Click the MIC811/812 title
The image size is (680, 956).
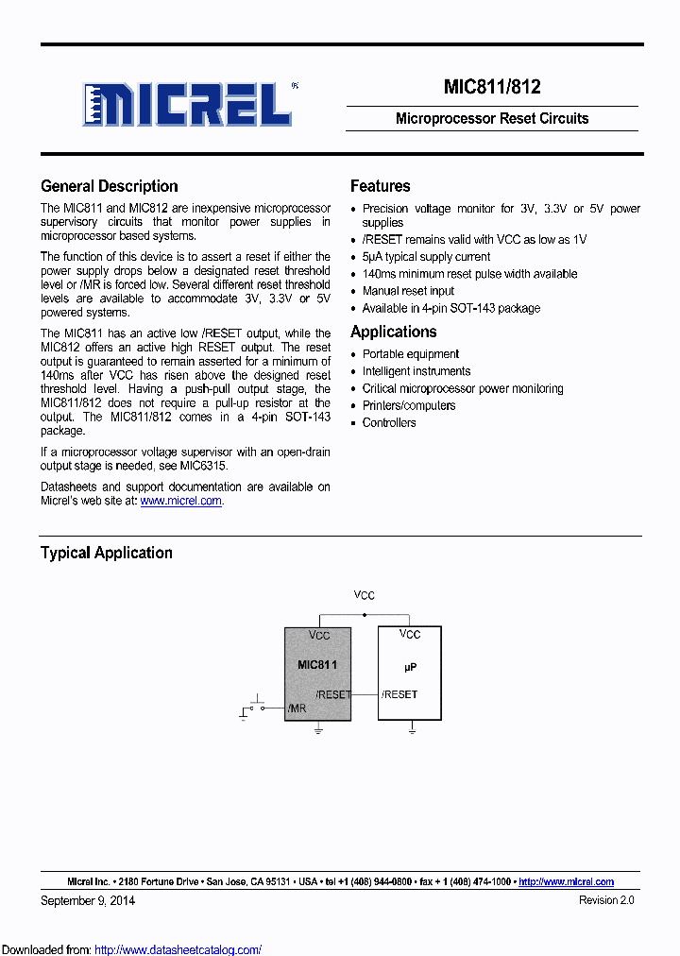(491, 87)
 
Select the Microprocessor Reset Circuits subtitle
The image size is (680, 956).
(491, 118)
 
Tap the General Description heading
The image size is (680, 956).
(109, 186)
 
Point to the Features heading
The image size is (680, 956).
(380, 186)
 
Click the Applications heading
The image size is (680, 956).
(393, 332)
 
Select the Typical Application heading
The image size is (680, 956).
(106, 553)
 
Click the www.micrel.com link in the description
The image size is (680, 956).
(180, 501)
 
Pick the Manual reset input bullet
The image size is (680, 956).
(408, 291)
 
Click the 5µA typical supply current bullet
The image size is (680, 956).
(426, 257)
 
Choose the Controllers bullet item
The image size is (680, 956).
(389, 422)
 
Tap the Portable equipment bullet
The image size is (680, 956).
(411, 354)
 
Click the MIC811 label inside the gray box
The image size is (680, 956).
(317, 665)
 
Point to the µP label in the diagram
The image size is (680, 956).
(410, 667)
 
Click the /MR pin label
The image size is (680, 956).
(297, 708)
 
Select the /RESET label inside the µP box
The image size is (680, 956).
(399, 694)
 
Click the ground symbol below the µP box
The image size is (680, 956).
(412, 728)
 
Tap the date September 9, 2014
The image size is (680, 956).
(88, 900)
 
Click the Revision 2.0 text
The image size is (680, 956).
(605, 900)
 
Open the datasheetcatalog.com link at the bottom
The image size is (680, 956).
(178, 949)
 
